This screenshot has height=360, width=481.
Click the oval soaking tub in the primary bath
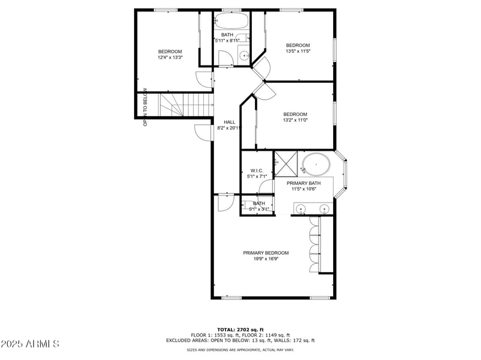pyautogui.click(x=316, y=164)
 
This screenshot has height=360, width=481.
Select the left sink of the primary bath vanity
pyautogui.click(x=301, y=209)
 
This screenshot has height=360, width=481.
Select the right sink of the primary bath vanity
pyautogui.click(x=325, y=209)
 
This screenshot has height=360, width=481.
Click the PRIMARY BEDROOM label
pyautogui.click(x=266, y=253)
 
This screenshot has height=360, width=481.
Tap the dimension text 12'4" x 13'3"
pyautogui.click(x=170, y=58)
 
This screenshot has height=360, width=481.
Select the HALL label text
pyautogui.click(x=229, y=122)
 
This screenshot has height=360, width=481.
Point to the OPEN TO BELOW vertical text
pyautogui.click(x=145, y=108)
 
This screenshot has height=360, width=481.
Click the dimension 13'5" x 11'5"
pyautogui.click(x=297, y=52)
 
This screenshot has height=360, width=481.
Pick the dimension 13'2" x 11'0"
pyautogui.click(x=295, y=120)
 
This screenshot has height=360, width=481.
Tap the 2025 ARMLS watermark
pyautogui.click(x=30, y=344)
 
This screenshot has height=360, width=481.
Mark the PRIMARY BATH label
pyautogui.click(x=303, y=183)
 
